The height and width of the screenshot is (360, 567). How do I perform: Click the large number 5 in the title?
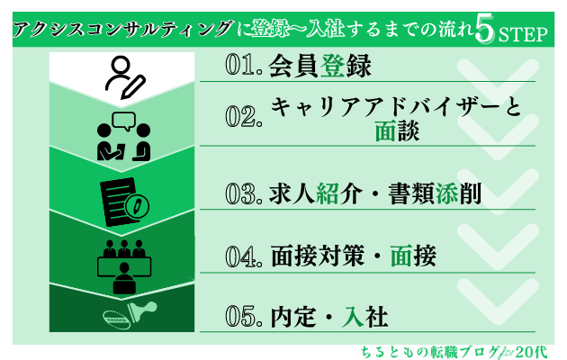[x=484, y=30]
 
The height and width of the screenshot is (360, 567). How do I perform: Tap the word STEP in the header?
[x=523, y=35]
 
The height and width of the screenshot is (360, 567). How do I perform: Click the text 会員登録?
[x=320, y=66]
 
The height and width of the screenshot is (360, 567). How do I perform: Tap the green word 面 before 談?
[x=385, y=130]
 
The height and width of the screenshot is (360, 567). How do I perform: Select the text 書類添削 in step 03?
[x=435, y=193]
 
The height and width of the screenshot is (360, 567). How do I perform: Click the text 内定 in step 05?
[x=293, y=317]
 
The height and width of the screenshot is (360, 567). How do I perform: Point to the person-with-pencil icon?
[x=124, y=77]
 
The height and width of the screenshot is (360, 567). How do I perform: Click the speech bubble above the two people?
[x=123, y=121]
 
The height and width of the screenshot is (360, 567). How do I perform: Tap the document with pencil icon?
[x=124, y=202]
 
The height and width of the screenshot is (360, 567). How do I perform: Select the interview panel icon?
[x=123, y=266]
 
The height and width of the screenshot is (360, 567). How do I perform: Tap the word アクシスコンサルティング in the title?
[x=121, y=29]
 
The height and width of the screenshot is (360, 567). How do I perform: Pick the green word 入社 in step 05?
[x=364, y=317]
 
